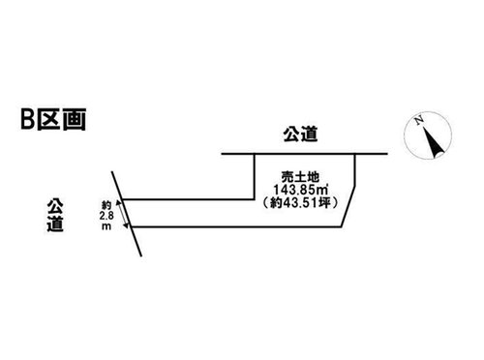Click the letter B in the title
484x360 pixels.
point(28,119)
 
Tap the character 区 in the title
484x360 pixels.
point(48,119)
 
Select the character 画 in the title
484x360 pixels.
point(75,119)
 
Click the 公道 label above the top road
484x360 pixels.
point(300,134)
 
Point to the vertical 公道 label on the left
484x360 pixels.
point(55,215)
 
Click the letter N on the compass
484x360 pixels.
point(419,120)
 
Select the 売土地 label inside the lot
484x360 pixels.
point(300,177)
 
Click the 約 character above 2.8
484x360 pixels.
point(106,205)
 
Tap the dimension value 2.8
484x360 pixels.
point(106,215)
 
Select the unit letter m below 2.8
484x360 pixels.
point(106,226)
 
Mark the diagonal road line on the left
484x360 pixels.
point(126,214)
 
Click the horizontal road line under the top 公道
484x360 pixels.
point(304,154)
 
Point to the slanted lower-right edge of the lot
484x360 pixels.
point(348,206)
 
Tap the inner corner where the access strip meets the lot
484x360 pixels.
point(255,199)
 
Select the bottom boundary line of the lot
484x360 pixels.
point(236,227)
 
